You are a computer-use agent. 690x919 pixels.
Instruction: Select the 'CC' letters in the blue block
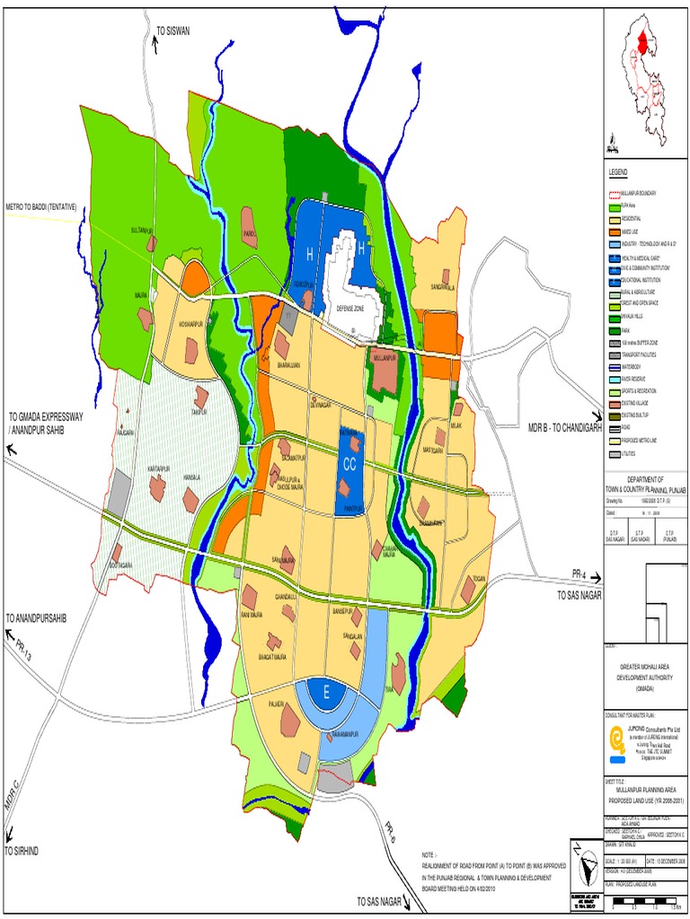coord(350,464)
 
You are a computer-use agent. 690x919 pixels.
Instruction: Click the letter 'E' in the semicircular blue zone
coord(327,691)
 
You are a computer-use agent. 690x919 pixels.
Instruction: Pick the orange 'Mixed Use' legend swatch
coord(615,231)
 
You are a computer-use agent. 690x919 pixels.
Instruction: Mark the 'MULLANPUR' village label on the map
coord(384,357)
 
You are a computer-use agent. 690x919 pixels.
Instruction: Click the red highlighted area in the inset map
coord(642,40)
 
